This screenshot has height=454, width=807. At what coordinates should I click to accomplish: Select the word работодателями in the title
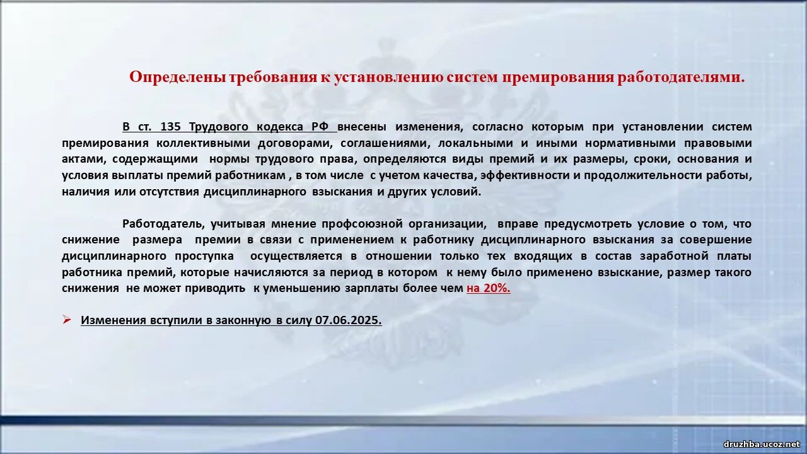[x=680, y=78]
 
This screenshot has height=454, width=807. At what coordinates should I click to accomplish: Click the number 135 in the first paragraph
[x=170, y=127]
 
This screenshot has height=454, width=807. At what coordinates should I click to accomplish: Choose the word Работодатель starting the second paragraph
[x=163, y=224]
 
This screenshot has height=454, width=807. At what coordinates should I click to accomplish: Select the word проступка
[x=204, y=257]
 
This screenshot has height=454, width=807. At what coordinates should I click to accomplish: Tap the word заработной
[x=675, y=257]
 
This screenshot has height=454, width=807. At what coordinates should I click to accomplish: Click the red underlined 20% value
[x=497, y=288]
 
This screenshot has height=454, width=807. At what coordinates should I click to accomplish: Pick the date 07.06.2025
[x=349, y=320]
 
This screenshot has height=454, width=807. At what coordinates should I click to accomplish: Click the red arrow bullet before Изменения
[x=66, y=319]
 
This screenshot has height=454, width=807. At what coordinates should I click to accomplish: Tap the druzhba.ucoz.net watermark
[x=760, y=444]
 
